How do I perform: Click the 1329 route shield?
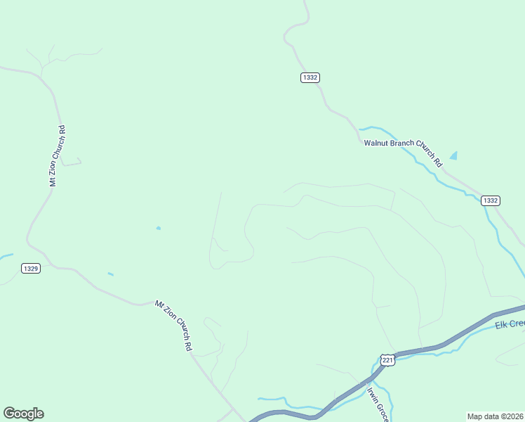30,268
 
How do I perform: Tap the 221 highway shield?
387,360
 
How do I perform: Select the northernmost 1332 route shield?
310,77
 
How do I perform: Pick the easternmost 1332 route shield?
491,200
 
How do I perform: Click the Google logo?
23,414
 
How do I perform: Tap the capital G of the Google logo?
8,414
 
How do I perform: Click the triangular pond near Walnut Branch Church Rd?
453,155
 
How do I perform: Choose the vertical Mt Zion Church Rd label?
58,156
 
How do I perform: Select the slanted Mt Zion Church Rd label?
173,326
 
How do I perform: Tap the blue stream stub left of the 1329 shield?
6,256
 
